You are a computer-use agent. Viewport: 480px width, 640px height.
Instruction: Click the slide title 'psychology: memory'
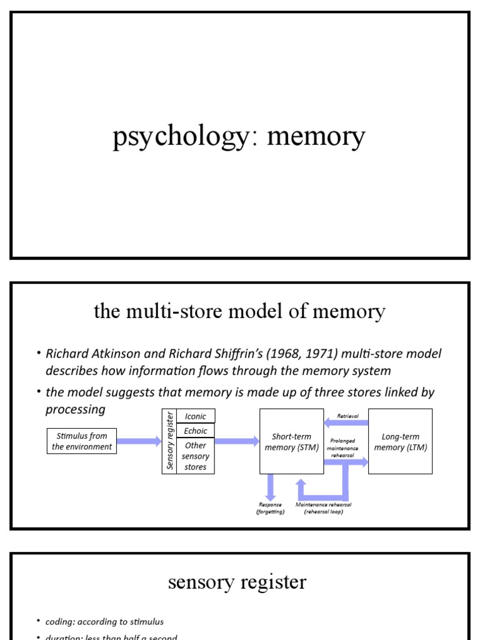[239, 137]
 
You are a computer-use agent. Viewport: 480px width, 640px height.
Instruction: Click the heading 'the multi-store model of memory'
[239, 311]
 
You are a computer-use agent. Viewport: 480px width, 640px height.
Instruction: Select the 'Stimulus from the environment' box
[82, 441]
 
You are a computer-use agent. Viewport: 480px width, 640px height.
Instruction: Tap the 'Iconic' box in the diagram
[196, 416]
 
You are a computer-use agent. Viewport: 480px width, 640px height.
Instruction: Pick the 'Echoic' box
[196, 431]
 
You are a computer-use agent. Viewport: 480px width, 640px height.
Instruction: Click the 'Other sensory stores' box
[196, 456]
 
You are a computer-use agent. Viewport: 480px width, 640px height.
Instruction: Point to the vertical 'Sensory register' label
[169, 441]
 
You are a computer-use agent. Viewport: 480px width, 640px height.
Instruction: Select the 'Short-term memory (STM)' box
[291, 441]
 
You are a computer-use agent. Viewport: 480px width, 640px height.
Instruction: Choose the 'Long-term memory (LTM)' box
[400, 441]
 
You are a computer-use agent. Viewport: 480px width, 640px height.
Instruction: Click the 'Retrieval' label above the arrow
[347, 416]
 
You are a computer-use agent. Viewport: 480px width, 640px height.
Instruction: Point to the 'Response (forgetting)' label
[270, 508]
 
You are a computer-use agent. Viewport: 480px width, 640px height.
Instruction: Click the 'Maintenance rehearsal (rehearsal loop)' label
[323, 508]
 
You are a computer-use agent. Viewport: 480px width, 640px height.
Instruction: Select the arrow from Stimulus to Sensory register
[139, 441]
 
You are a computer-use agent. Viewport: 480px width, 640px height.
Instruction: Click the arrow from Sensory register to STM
[237, 441]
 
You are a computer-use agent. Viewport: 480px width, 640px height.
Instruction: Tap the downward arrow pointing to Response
[271, 486]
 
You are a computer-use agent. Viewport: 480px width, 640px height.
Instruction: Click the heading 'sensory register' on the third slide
[237, 582]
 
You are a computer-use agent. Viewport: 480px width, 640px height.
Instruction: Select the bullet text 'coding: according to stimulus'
[104, 621]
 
